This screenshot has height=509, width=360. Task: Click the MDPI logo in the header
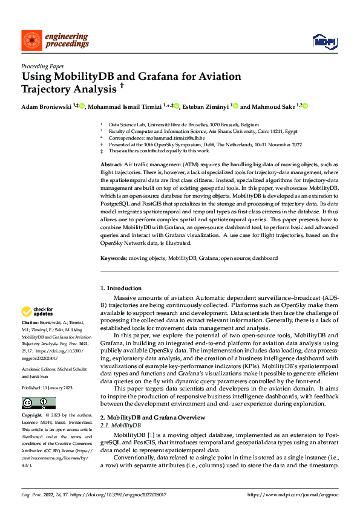click(324, 41)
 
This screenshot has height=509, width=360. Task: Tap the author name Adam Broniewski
click(46, 107)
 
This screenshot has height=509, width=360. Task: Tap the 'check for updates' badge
click(38, 312)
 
